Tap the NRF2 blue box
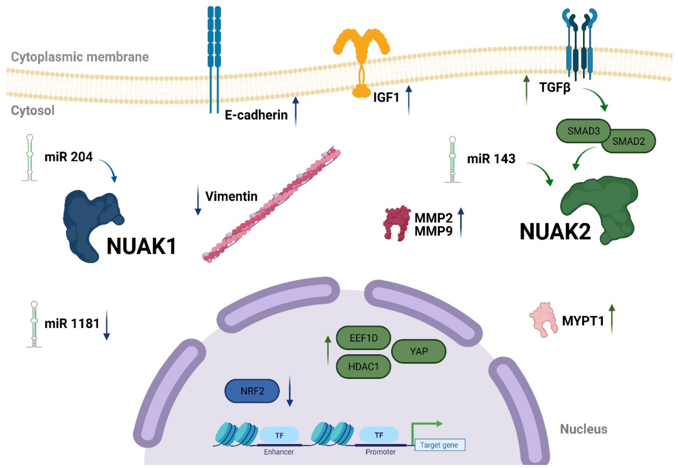252,391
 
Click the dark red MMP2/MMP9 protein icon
396,223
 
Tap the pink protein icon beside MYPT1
543,320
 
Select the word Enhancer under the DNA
279,452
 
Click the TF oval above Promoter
379,435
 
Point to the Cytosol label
33,111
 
